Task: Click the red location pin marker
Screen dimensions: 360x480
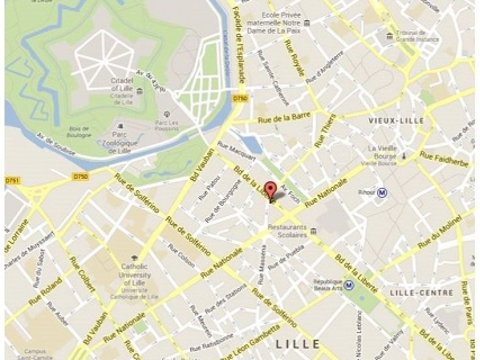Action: tap(271, 190)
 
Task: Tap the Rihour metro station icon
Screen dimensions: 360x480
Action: tap(383, 192)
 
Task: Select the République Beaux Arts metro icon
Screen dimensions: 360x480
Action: tap(350, 285)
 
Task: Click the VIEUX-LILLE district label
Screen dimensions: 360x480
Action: tap(396, 121)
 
